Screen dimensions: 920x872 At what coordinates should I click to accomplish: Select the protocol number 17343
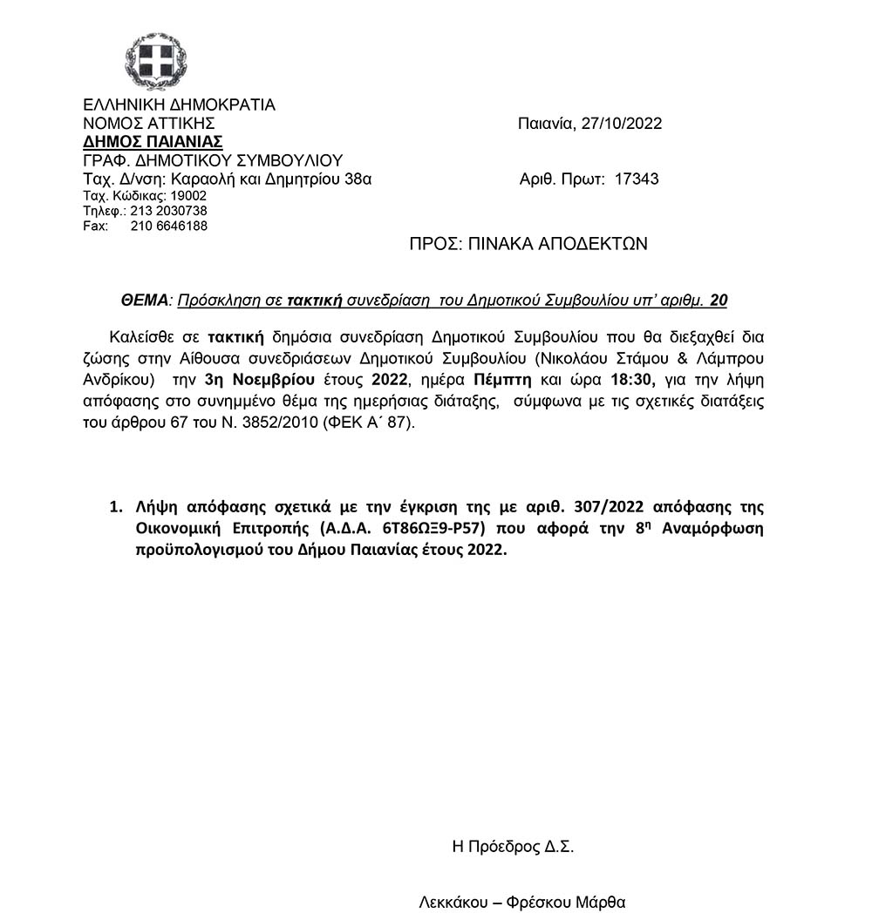(x=637, y=179)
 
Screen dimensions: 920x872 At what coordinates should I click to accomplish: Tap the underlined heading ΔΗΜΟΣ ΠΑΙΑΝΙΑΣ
(x=153, y=142)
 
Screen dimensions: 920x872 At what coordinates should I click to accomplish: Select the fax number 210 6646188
(x=169, y=227)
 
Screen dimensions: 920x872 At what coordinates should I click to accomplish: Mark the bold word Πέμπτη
(x=503, y=379)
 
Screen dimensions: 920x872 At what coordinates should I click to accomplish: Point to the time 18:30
(x=630, y=379)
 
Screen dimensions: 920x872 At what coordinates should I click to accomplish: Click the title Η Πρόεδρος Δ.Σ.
(x=513, y=846)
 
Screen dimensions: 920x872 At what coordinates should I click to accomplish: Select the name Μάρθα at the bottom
(x=602, y=903)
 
